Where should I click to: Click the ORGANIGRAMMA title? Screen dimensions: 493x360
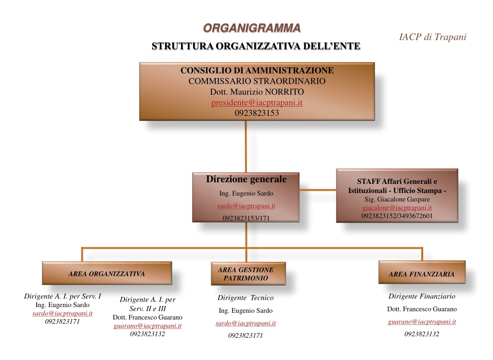click(x=252, y=28)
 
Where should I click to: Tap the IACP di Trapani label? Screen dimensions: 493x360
click(x=433, y=37)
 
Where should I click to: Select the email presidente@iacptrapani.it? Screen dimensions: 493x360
click(x=257, y=103)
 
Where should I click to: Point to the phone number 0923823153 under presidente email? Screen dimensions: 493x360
click(x=257, y=113)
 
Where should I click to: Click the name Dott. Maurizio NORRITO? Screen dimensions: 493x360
click(x=257, y=92)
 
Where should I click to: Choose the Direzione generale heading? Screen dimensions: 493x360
click(x=246, y=179)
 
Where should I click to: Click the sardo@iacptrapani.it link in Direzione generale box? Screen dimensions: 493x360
click(x=246, y=206)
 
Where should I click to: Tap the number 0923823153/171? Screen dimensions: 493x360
click(x=246, y=218)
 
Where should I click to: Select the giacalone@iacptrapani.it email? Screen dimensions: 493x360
click(x=397, y=207)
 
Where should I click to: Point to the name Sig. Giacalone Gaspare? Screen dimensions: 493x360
click(x=397, y=199)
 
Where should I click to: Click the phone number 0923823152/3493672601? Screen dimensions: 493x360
click(x=397, y=216)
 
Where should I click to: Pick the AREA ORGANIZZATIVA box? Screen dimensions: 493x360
click(x=107, y=273)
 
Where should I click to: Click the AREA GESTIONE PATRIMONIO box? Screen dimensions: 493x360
click(x=248, y=273)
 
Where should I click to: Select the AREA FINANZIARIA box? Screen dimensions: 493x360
click(x=422, y=272)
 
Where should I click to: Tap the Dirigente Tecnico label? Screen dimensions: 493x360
click(x=246, y=298)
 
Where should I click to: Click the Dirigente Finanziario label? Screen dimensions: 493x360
click(x=422, y=296)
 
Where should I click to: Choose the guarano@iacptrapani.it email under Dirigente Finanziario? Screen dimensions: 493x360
click(x=422, y=321)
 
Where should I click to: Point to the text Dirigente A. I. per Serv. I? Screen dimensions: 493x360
click(x=63, y=296)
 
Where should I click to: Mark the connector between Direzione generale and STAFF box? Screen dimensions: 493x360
click(x=318, y=190)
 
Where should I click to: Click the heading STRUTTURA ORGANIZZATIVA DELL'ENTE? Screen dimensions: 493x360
click(x=256, y=46)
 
